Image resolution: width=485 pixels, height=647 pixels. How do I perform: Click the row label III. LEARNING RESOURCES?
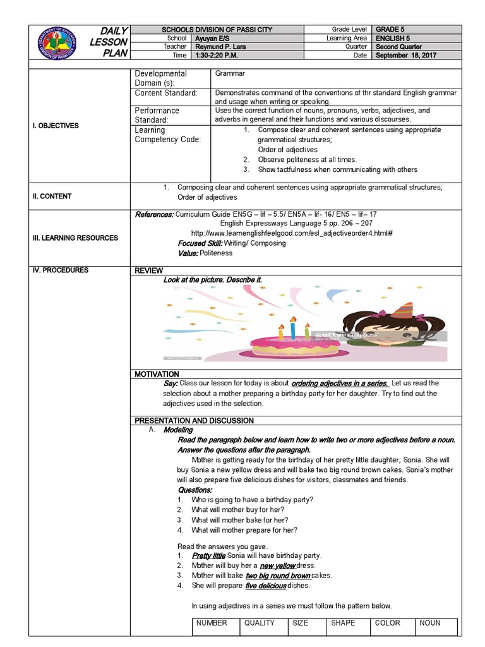pos(76,238)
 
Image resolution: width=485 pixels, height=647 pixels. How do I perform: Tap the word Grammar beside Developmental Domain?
pos(230,74)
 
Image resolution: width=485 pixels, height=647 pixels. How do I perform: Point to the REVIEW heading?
pos(149,270)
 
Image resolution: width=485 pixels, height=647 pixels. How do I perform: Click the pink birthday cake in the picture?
pos(294,344)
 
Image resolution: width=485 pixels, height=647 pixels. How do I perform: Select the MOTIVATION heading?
pos(157,375)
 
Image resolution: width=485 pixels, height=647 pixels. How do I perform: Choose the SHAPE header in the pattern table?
pos(343,623)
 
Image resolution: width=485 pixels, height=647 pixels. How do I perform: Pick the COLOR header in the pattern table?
pos(388,623)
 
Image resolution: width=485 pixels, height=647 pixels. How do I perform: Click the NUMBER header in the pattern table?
pos(212,623)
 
